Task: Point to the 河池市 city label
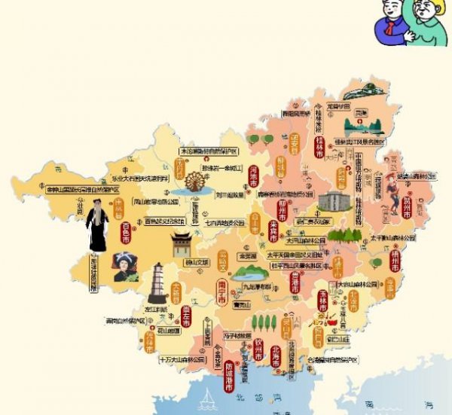coord(254,175)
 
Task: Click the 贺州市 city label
coord(406,208)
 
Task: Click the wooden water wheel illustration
coord(194,185)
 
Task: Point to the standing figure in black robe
coord(97,225)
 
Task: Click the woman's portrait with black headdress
coord(120,267)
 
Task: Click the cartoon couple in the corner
coord(410,23)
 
